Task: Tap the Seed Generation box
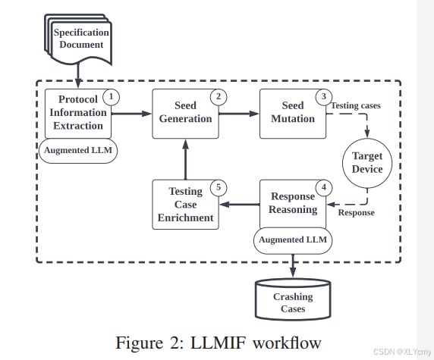coord(184,113)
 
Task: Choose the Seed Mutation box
coord(292,112)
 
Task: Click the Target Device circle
coord(367,162)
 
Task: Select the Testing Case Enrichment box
coord(184,205)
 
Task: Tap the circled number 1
coord(112,96)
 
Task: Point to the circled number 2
coord(219,96)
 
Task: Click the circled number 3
coord(325,96)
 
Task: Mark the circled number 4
coord(325,187)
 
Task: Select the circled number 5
coord(219,187)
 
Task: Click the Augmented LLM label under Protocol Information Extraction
coord(78,149)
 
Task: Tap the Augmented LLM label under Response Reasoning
coord(293,239)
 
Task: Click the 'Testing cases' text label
coord(355,105)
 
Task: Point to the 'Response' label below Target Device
coord(356,212)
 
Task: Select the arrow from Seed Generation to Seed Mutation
coord(238,114)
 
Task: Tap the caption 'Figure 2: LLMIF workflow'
coord(218,342)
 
